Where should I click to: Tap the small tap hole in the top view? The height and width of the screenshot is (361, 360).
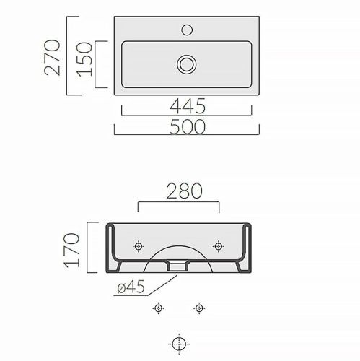(x=187, y=30)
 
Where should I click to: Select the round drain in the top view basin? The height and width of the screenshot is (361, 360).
(x=187, y=64)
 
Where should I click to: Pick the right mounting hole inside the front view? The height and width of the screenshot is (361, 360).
(x=217, y=247)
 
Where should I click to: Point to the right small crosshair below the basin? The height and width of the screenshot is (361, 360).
(x=198, y=309)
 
